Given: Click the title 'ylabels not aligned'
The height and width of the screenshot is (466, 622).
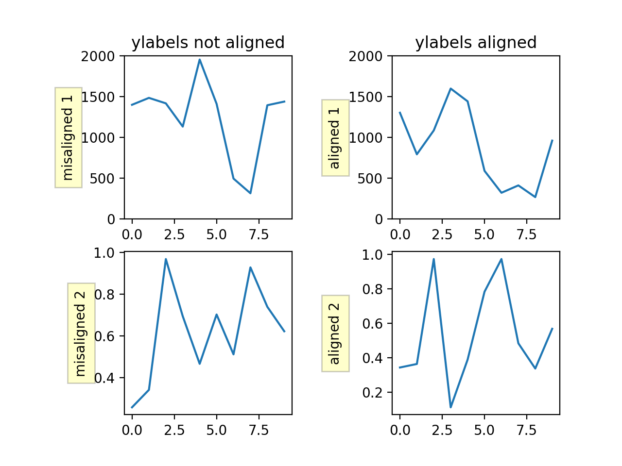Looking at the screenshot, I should (208, 43).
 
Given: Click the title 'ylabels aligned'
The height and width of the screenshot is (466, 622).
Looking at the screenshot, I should (476, 43).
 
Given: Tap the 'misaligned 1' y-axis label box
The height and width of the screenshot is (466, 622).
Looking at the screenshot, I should (68, 137).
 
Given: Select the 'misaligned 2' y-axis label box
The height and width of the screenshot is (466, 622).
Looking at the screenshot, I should (81, 333).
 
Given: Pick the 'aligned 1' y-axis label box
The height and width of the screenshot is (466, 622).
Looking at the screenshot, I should (335, 138).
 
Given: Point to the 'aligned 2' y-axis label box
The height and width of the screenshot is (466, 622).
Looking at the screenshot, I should (335, 333).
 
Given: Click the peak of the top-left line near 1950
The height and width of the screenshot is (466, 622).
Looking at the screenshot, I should (200, 60).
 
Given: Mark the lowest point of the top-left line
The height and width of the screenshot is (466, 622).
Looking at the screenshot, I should (250, 193).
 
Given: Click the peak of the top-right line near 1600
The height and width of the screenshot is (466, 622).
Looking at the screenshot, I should (450, 88).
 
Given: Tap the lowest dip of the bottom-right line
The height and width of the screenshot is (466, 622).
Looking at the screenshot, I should (450, 407).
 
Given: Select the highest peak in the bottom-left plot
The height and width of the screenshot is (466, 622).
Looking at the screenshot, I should (166, 259).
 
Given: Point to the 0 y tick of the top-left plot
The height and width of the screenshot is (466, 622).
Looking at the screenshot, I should (111, 219).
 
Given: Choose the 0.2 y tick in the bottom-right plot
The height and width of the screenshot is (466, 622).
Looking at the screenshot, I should (373, 393).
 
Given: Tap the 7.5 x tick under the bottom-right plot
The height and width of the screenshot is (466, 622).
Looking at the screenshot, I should (527, 430).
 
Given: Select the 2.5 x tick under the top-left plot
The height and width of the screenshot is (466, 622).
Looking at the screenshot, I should (174, 235).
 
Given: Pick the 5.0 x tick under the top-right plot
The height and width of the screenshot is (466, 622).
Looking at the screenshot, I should (484, 235).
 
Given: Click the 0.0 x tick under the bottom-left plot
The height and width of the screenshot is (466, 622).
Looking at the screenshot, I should (132, 430).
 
